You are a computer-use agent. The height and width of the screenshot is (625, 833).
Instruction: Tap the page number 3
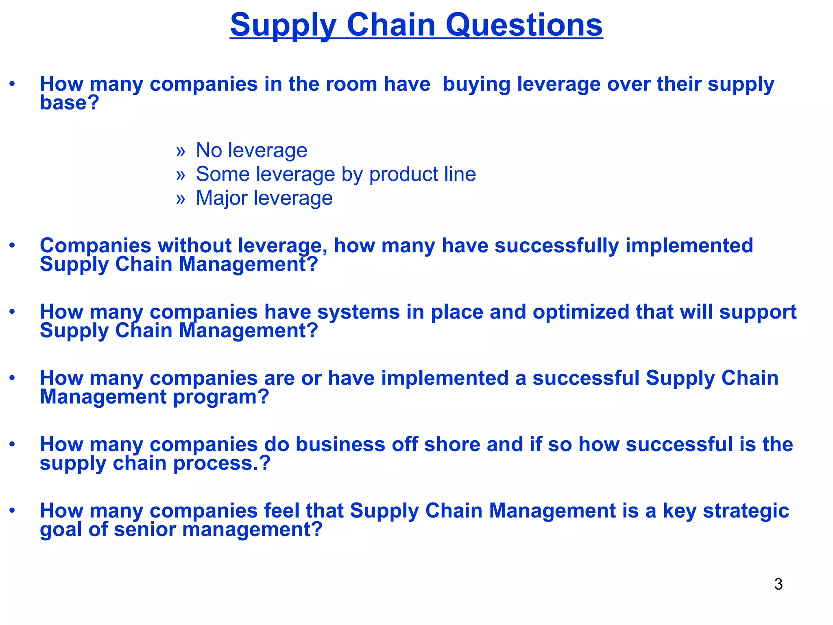[778, 584]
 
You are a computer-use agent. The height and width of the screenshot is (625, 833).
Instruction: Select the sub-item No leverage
[251, 150]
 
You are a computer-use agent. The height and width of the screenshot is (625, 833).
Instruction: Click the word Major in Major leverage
[221, 198]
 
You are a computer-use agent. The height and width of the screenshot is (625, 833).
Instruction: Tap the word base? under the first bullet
[69, 103]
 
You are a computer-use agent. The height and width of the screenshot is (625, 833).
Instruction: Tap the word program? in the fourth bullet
[221, 397]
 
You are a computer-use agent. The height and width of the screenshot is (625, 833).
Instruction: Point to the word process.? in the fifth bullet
[222, 463]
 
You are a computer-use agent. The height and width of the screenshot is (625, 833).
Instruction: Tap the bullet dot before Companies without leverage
[13, 245]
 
